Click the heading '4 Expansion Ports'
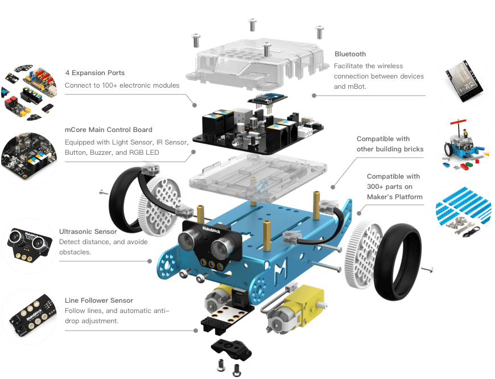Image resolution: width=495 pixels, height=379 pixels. pos(95,73)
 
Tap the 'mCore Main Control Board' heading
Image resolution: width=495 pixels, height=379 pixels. pos(108,130)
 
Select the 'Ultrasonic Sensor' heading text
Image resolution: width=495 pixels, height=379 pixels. pos(88,232)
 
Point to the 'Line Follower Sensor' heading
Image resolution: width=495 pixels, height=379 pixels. pos(99,300)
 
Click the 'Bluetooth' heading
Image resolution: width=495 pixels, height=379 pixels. pos(350,54)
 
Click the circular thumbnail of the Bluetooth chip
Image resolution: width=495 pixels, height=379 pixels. pos(463,81)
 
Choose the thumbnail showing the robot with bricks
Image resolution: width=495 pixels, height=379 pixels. pos(463,145)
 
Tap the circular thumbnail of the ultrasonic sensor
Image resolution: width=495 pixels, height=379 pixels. pos(30,246)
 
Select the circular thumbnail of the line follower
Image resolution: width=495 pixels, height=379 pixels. pos(30,317)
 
